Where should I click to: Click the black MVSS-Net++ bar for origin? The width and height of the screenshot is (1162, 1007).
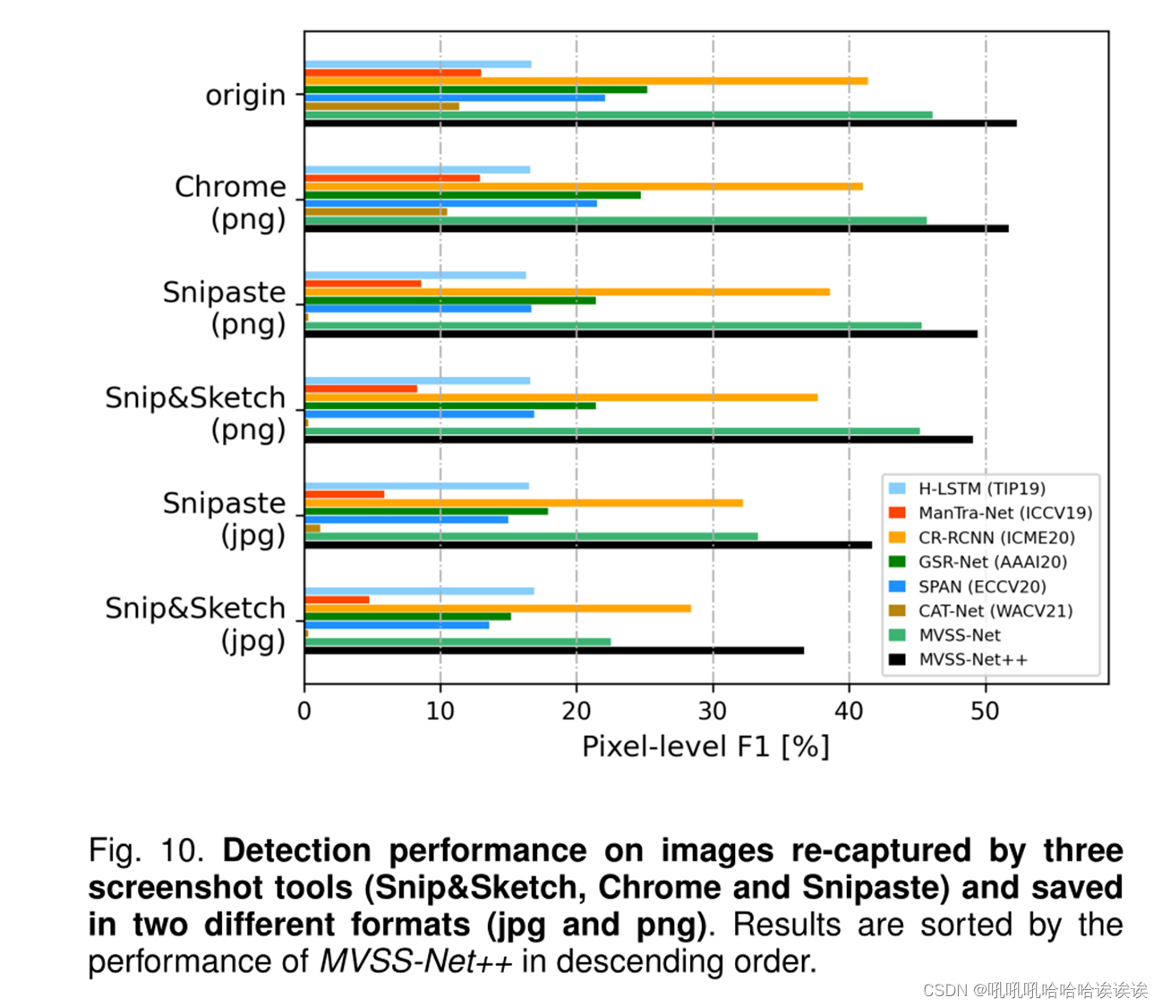660,124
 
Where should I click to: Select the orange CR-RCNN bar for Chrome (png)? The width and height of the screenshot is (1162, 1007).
583,186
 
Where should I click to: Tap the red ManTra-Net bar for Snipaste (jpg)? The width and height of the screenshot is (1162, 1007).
345,494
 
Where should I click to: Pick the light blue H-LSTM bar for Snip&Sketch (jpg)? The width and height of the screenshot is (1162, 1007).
419,591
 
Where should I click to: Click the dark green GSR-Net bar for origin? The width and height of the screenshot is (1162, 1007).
475,90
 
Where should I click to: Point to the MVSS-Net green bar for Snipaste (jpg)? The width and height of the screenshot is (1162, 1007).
531,536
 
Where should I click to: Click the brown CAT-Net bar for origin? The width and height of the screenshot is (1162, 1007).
381,107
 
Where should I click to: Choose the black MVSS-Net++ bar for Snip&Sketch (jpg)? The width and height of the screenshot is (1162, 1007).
553,651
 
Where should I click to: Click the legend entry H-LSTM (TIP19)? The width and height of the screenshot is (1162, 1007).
981,489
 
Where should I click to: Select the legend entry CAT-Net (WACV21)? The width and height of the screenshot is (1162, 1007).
995,611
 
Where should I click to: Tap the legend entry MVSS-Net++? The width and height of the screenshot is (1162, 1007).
972,660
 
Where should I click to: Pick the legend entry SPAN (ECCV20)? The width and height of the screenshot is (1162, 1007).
981,587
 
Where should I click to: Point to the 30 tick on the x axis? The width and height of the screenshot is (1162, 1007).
713,711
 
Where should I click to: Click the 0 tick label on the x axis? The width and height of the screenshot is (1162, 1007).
304,711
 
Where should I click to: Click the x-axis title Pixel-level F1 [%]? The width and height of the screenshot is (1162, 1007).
705,747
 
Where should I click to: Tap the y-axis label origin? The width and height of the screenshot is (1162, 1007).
245,95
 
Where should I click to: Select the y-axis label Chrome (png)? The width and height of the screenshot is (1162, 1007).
231,202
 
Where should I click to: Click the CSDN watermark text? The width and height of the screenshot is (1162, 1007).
1034,990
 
